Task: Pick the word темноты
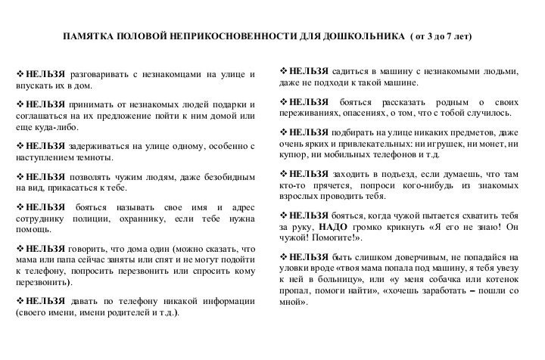point(93,157)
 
